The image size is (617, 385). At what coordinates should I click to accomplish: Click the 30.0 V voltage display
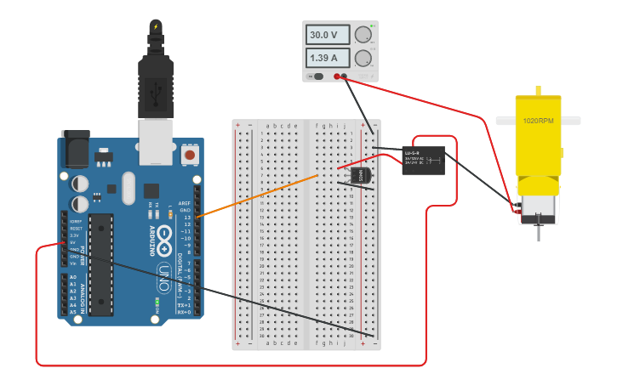328,36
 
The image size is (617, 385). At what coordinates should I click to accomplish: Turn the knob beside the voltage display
363,35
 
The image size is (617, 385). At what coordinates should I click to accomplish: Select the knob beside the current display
363,58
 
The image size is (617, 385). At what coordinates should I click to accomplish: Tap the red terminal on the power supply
337,76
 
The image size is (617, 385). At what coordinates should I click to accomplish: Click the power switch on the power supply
317,76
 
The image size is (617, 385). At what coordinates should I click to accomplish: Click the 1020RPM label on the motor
538,121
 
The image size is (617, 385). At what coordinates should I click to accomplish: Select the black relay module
424,160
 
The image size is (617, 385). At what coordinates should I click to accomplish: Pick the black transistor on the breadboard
361,175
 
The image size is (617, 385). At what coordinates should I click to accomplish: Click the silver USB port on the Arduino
155,141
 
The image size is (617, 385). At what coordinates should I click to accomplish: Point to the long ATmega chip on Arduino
101,264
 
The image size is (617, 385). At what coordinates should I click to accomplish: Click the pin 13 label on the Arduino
186,218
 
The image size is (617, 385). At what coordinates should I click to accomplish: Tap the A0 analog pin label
72,277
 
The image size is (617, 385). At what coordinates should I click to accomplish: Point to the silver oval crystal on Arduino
129,188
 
